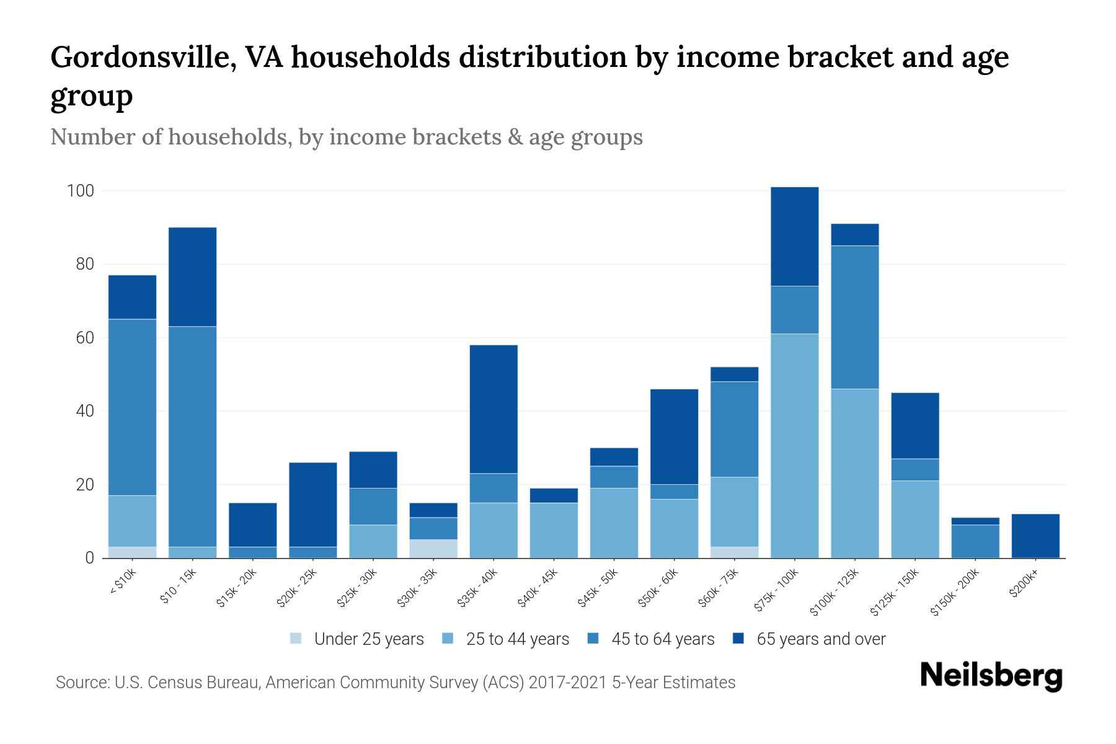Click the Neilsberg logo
point(991,676)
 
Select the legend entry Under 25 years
point(368,639)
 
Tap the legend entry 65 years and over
point(820,639)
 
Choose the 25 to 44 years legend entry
point(517,639)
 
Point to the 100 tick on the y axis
point(81,191)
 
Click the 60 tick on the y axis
point(85,338)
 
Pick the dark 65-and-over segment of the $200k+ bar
point(1035,536)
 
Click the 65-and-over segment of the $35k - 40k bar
point(494,409)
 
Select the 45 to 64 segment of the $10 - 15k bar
point(192,436)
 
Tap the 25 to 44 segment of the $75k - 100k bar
point(794,446)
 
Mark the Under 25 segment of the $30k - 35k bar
point(433,549)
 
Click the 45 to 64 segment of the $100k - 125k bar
point(855,317)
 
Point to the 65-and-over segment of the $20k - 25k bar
point(312,505)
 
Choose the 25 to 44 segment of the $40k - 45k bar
point(554,530)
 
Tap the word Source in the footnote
point(81,683)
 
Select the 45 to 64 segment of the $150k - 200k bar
point(975,541)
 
